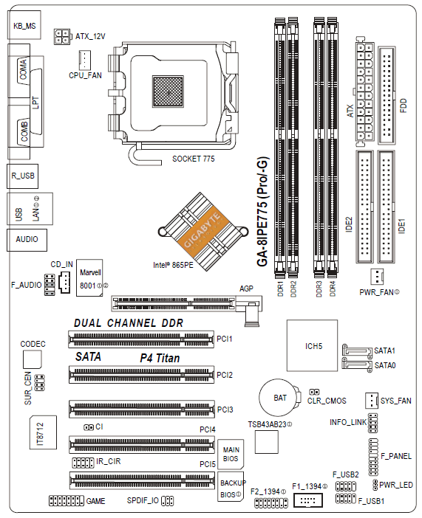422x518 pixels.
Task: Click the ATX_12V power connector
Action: coord(62,36)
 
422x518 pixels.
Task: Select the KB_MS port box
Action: coord(24,25)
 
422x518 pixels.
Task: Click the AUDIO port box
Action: coord(27,240)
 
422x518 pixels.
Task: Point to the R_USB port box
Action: coord(22,176)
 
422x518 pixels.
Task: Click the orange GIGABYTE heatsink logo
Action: coord(202,231)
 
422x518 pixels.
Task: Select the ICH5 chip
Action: coord(312,345)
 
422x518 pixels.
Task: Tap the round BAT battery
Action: coord(279,398)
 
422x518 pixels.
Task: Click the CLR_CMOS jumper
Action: coord(314,392)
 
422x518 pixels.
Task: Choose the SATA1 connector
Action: coord(357,350)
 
